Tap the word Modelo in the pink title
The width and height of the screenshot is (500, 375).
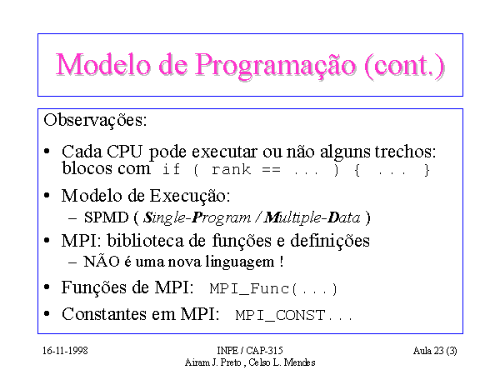point(103,64)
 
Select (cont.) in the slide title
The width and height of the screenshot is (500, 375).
point(405,65)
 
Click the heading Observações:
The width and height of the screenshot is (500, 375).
point(95,121)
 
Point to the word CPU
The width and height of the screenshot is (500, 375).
point(124,152)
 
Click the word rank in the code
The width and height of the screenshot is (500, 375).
point(231,169)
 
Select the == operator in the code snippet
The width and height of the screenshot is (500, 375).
point(271,169)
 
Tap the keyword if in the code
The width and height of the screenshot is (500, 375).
point(171,169)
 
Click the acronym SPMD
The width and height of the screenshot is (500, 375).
point(106,217)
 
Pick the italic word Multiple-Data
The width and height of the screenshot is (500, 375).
point(312,217)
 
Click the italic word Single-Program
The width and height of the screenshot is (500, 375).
point(197,218)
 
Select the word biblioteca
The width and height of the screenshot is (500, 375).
point(145,241)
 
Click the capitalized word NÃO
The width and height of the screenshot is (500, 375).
point(102,261)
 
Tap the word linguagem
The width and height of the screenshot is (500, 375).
point(240,262)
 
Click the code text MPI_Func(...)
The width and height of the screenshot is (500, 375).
point(273,289)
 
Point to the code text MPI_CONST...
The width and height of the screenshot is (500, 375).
point(280,315)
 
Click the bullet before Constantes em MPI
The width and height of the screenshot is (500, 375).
point(47,314)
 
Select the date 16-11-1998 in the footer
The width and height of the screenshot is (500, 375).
point(65,351)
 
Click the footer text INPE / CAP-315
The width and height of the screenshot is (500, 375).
point(250,351)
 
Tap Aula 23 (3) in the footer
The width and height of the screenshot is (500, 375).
point(435,351)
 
